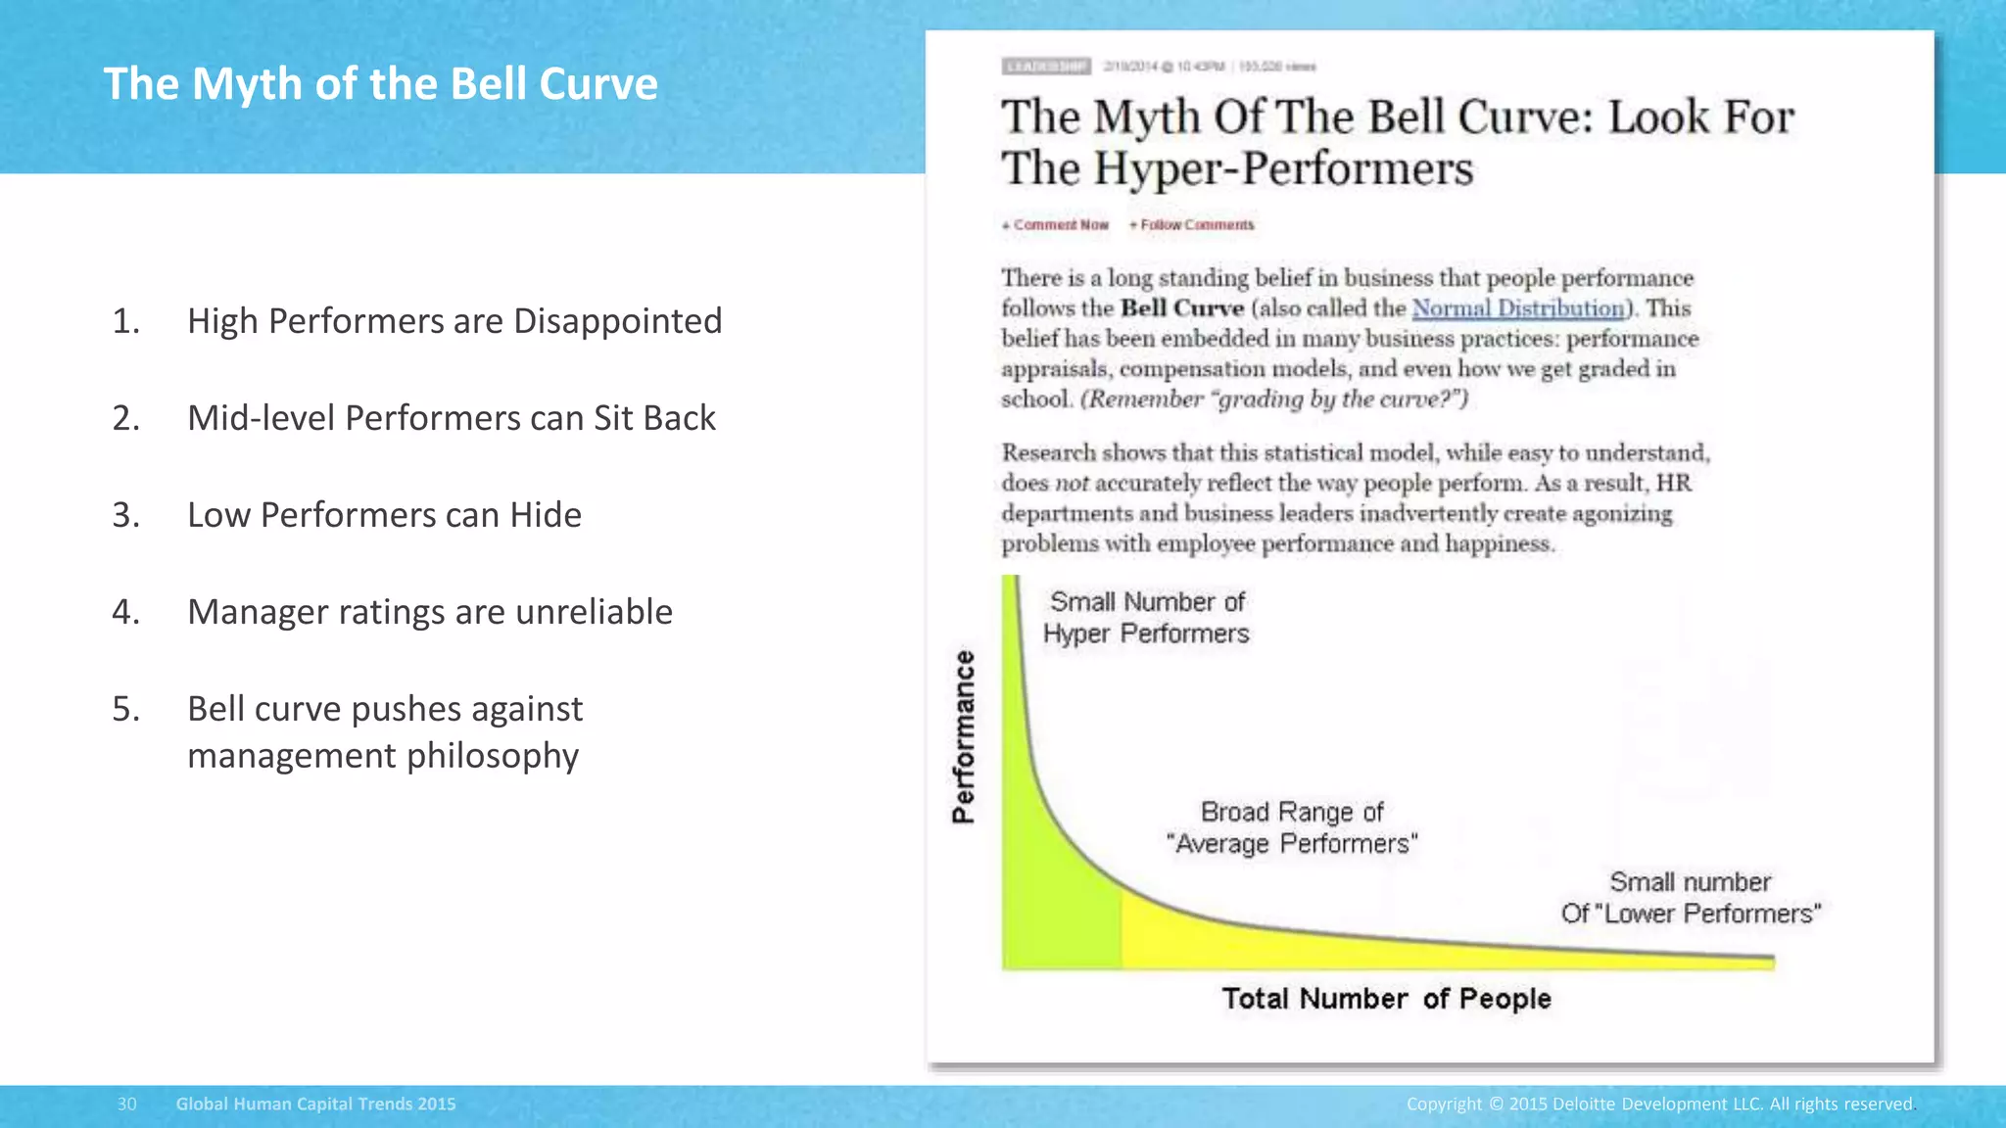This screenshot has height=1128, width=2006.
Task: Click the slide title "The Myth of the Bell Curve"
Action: [x=380, y=84]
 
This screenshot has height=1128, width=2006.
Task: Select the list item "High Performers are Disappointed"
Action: [x=454, y=321]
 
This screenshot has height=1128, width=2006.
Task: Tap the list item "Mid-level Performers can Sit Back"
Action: [x=451, y=418]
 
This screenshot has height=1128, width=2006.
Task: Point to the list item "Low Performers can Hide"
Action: [x=384, y=515]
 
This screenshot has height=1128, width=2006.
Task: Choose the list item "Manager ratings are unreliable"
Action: [x=430, y=612]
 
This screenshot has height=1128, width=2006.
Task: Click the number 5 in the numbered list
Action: [x=124, y=709]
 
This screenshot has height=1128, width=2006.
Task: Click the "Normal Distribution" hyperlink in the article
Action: [x=1517, y=308]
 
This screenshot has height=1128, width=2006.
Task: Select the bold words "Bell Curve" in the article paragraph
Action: [x=1181, y=308]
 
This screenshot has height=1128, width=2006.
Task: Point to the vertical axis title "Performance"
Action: [x=964, y=736]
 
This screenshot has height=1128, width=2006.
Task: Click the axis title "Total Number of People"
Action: [x=1386, y=999]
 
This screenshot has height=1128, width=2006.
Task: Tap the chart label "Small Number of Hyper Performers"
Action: [x=1146, y=618]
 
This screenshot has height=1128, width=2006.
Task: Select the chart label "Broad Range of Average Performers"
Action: [x=1292, y=828]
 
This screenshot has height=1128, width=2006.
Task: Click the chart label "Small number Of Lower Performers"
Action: [x=1691, y=898]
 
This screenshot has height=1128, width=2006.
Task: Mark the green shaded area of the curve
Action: [x=1053, y=901]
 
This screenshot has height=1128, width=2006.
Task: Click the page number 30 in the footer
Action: [x=126, y=1104]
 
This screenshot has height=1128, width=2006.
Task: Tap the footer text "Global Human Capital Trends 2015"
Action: [x=315, y=1104]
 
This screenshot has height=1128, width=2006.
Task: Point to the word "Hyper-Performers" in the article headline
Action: [x=1283, y=168]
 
